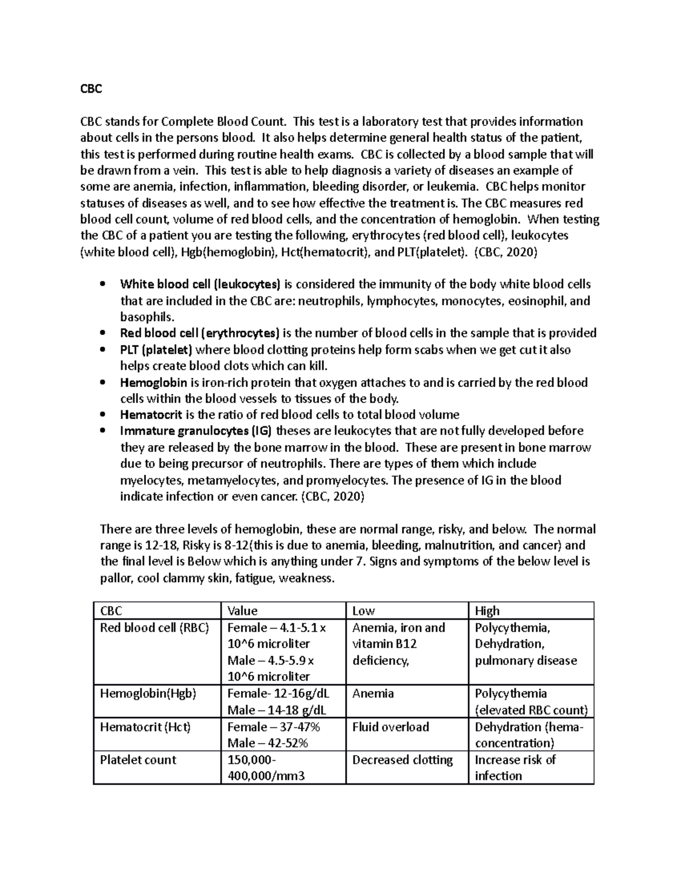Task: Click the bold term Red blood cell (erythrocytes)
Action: coord(200,333)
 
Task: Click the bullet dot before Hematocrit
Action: coord(102,415)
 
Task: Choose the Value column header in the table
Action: coord(242,611)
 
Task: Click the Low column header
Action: coord(364,611)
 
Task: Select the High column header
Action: coord(487,611)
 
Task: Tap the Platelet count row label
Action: coord(138,760)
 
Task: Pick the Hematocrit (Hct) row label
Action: coord(145,727)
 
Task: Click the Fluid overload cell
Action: coord(390,727)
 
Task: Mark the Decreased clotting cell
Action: coord(402,760)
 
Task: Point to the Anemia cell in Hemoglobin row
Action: coord(373,694)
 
